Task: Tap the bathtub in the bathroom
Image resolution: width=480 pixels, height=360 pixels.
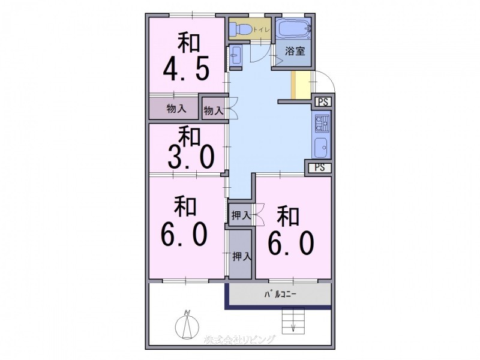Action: [x=293, y=29]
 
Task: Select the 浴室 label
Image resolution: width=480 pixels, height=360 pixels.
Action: [x=295, y=51]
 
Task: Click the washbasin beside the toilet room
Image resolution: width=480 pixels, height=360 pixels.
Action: [x=235, y=55]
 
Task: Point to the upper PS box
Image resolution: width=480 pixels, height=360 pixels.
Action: [x=323, y=102]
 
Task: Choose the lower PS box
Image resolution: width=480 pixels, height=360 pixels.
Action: [x=320, y=167]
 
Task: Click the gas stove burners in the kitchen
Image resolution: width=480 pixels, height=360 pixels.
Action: [x=321, y=124]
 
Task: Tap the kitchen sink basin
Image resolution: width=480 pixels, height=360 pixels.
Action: [x=321, y=148]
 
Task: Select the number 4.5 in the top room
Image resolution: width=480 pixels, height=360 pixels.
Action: [x=186, y=68]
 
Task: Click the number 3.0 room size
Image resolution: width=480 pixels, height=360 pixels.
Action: [x=190, y=157]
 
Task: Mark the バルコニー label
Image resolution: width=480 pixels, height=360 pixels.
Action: [x=280, y=295]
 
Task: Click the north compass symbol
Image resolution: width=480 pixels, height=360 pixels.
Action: [x=187, y=325]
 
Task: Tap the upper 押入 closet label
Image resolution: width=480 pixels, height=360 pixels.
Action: [x=241, y=216]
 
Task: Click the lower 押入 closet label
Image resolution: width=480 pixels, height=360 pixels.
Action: [x=242, y=256]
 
